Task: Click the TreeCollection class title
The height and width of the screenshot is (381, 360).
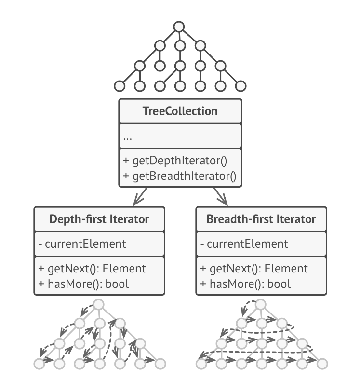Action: click(180, 111)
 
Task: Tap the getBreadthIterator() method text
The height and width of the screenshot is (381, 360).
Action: click(179, 176)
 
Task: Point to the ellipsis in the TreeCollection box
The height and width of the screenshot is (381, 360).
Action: click(128, 137)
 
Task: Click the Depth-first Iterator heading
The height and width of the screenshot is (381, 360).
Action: click(99, 219)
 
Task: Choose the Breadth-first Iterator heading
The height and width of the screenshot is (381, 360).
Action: click(261, 219)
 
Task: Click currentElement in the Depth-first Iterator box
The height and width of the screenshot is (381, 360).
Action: click(82, 244)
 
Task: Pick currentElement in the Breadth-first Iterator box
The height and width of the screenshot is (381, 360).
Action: click(243, 244)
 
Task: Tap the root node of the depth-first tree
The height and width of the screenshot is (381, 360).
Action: click(99, 305)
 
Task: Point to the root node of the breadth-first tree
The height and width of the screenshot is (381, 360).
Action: click(260, 305)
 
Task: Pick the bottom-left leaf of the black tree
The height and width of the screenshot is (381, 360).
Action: click(119, 87)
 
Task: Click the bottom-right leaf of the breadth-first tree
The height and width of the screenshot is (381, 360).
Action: click(321, 363)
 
